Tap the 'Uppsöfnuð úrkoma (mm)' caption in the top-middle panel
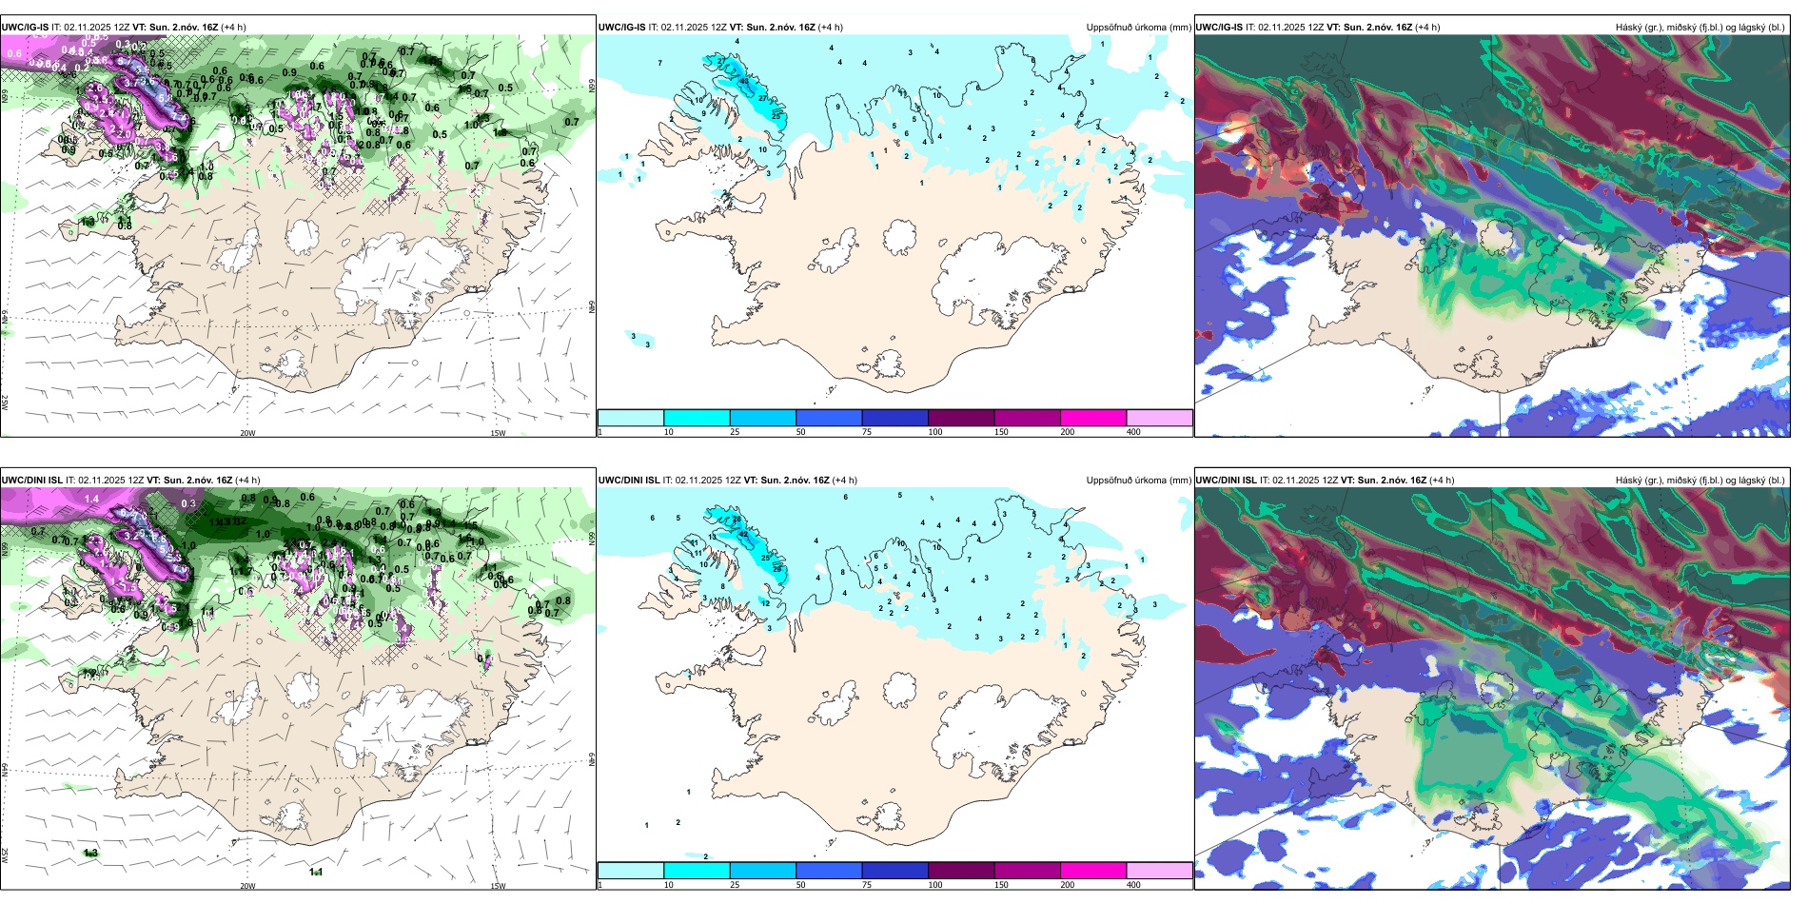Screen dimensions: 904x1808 coord(1138,28)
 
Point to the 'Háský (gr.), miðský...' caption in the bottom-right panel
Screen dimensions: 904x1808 coord(1700,481)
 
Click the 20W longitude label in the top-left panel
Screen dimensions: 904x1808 coord(247,433)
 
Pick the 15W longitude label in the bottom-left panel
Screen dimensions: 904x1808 coord(497,886)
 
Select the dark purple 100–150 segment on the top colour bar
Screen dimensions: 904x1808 coord(960,418)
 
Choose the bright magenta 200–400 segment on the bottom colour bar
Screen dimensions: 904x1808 coord(1092,871)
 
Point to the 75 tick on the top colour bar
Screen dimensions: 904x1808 coord(867,432)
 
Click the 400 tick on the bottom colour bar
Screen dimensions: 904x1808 coord(1133,885)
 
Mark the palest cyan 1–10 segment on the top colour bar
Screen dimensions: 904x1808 coord(630,418)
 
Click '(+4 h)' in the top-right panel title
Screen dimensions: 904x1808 coord(1426,27)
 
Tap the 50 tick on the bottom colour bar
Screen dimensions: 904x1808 coord(800,885)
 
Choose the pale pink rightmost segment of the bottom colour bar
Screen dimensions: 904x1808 coord(1159,871)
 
